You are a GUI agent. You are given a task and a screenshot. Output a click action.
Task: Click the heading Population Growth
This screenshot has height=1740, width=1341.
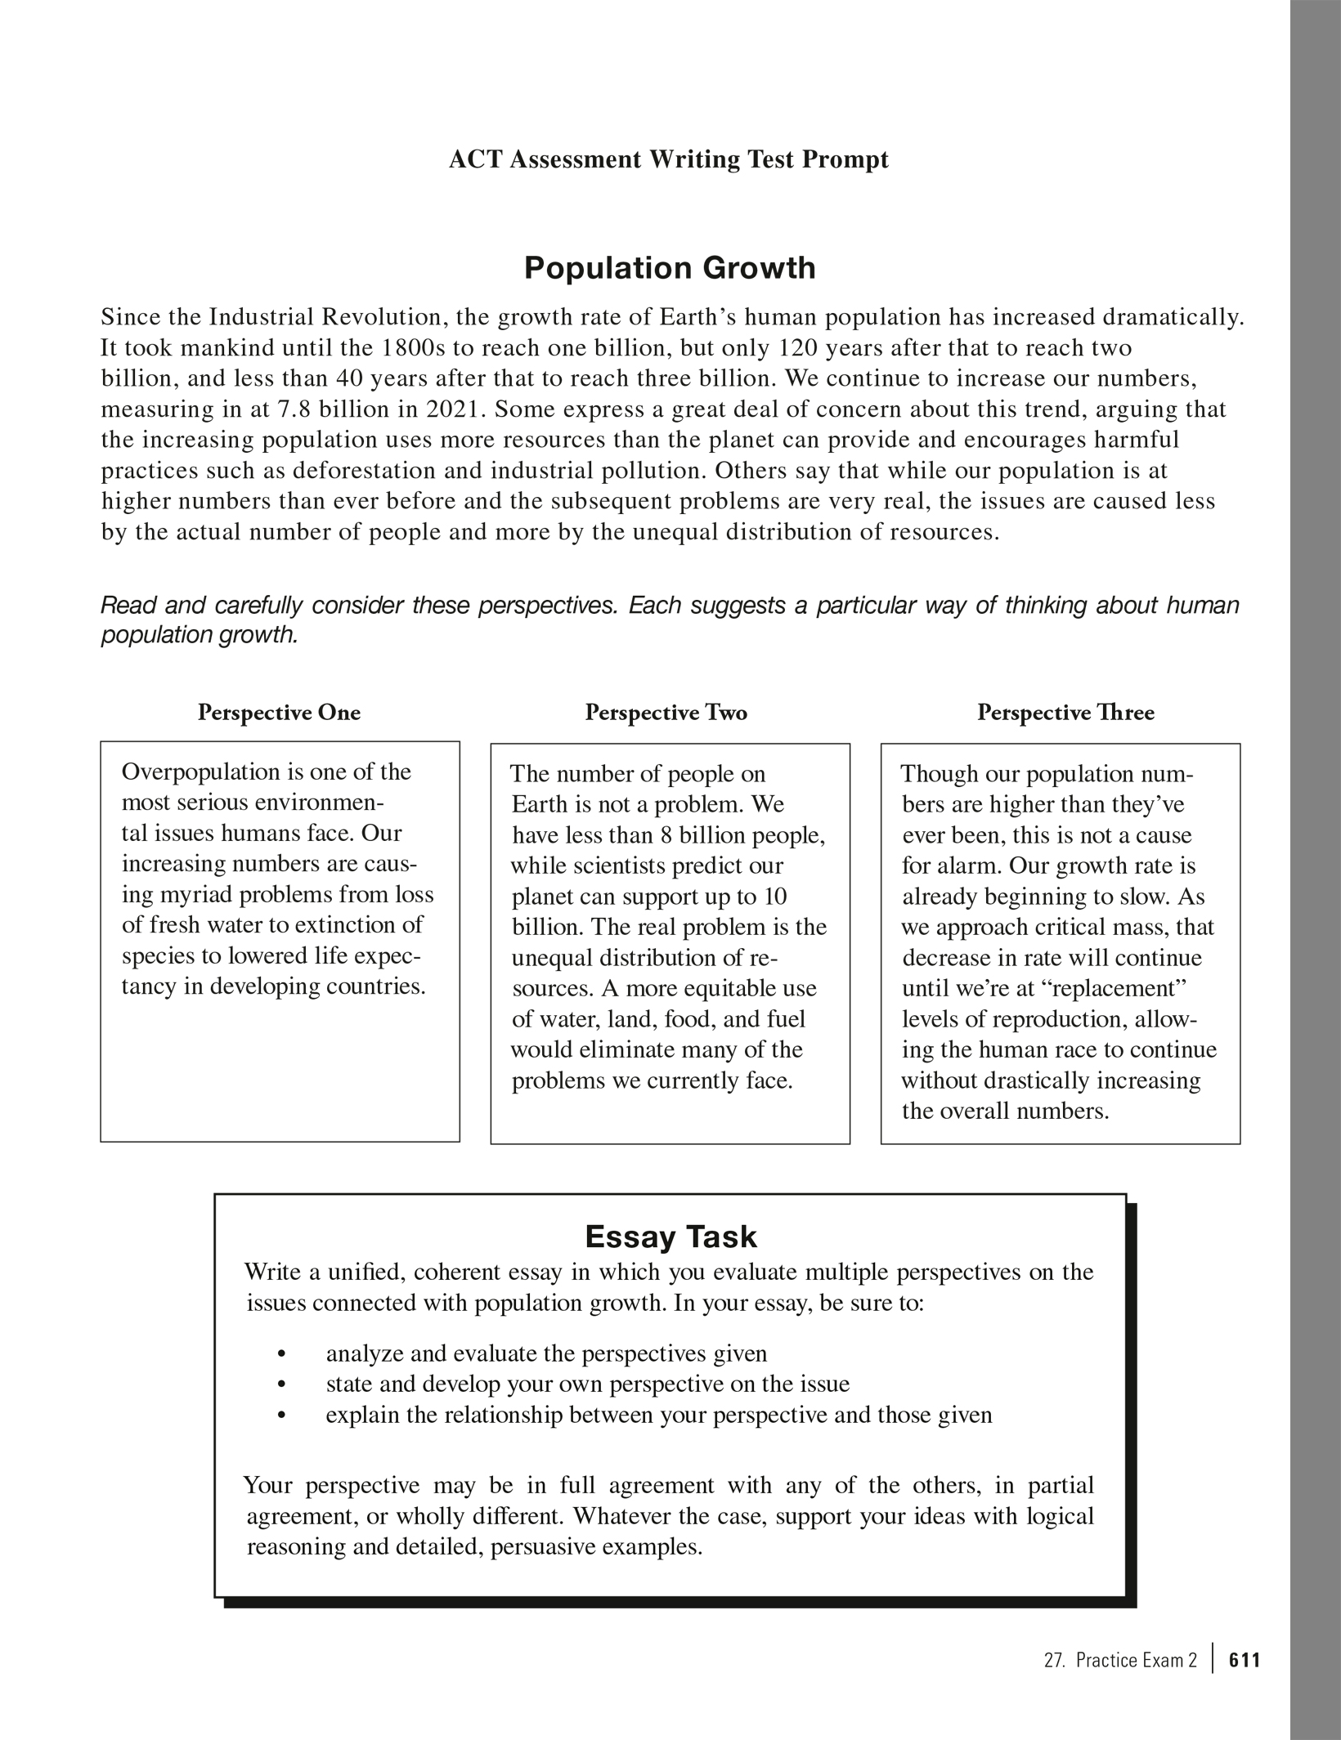(x=669, y=268)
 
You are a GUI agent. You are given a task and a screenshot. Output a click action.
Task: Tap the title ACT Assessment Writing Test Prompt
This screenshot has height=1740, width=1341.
(x=668, y=159)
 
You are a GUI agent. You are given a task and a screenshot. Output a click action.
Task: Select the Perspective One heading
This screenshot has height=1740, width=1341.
(x=279, y=713)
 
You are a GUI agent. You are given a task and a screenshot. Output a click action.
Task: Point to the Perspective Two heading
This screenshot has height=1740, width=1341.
(x=666, y=713)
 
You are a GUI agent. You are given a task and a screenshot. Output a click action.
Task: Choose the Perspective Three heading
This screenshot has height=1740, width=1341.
(x=1065, y=713)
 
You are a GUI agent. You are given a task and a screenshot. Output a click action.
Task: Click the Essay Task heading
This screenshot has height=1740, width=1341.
(x=670, y=1237)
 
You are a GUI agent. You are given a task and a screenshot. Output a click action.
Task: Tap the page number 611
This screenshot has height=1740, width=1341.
(x=1245, y=1660)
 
